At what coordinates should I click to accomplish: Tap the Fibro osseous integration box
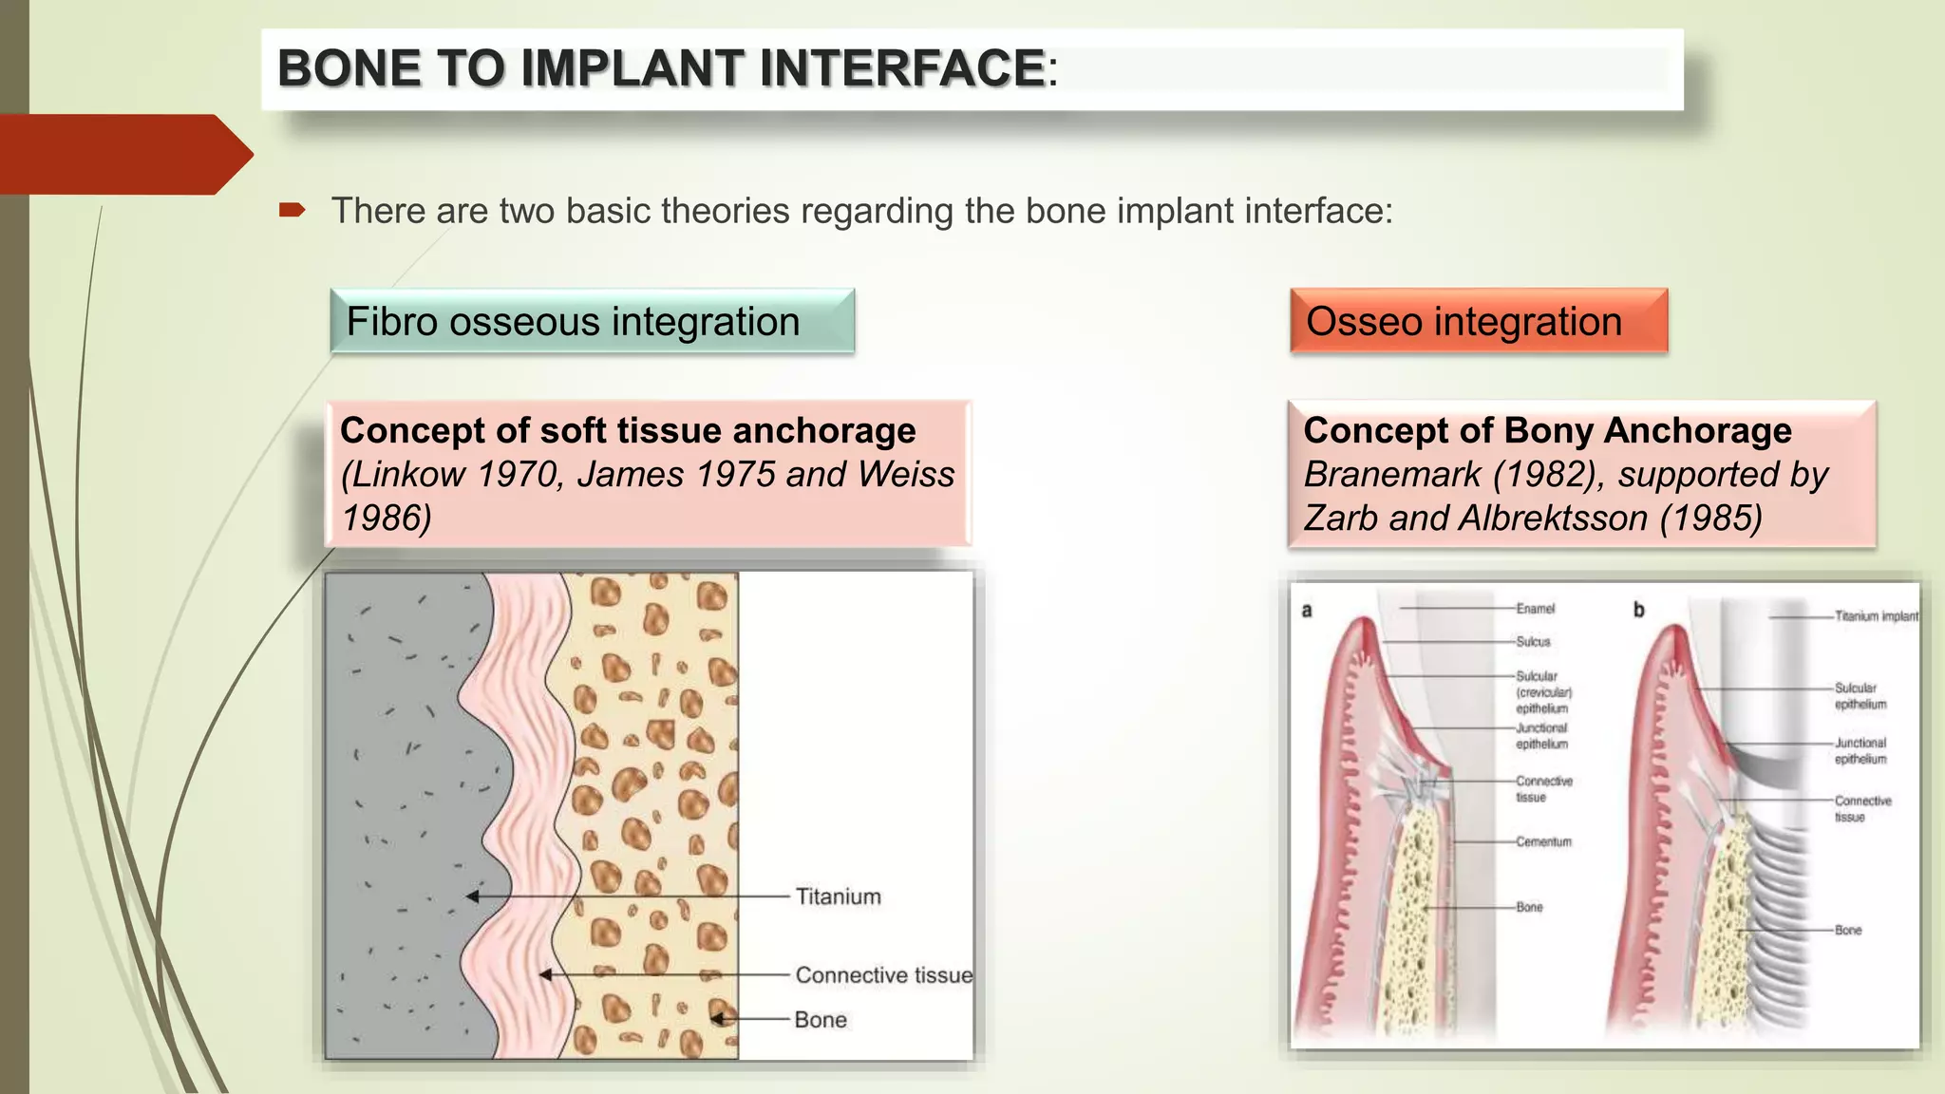coord(592,321)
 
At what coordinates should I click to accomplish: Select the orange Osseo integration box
coord(1478,321)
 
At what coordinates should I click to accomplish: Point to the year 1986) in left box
coord(387,519)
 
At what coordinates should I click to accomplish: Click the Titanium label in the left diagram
coord(838,896)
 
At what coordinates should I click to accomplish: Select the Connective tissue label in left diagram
coord(883,975)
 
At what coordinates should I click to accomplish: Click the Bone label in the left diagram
coord(821,1020)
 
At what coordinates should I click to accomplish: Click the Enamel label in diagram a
coord(1535,609)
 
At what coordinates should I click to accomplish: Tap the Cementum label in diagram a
coord(1543,842)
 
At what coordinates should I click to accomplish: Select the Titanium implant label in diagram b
coord(1876,616)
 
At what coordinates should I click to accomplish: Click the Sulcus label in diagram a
coord(1533,642)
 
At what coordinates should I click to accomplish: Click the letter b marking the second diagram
coord(1638,611)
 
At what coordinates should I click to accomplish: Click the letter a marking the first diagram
coord(1307,611)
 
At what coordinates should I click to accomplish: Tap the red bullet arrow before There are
coord(292,210)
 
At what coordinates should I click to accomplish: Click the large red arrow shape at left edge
coord(123,155)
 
